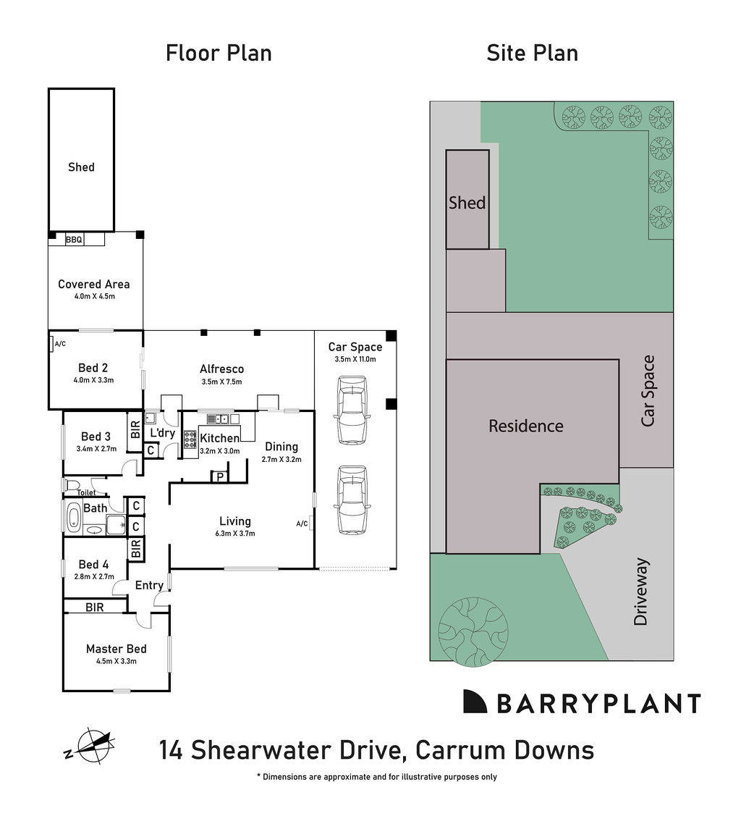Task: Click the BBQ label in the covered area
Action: (74, 239)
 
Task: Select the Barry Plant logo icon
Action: (475, 701)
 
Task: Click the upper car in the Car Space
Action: (351, 409)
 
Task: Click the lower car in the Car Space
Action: (351, 500)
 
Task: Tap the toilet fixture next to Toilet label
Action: (71, 484)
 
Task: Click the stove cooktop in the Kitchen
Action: (190, 439)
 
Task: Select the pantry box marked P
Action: (219, 476)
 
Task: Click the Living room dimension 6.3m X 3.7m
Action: (235, 534)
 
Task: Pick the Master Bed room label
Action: (116, 649)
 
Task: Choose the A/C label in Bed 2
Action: (59, 344)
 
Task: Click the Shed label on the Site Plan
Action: (467, 203)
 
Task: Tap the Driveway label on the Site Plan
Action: (640, 592)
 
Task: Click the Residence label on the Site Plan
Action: (525, 426)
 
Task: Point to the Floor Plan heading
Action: (219, 53)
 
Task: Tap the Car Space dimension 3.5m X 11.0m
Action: (355, 359)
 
